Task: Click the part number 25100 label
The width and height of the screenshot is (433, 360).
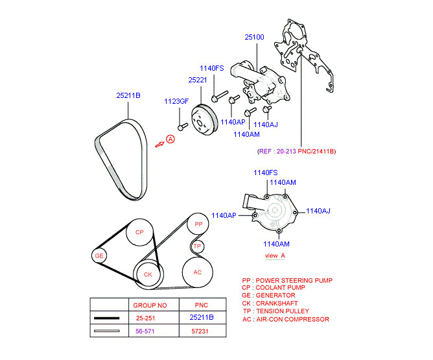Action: coord(254,37)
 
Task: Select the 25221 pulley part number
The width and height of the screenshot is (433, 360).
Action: coord(198,80)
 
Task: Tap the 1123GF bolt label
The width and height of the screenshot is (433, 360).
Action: coord(176,101)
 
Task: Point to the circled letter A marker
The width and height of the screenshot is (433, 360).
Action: coord(170,139)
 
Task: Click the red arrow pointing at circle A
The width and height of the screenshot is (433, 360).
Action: coord(159,145)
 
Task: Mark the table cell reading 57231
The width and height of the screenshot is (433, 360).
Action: coord(200,331)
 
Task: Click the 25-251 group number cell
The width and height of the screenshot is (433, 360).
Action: coord(146,318)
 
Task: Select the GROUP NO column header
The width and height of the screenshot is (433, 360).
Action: coord(150,306)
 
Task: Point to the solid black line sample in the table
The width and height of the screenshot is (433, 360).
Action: coord(106,318)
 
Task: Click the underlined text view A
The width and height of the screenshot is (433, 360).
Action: coord(275,256)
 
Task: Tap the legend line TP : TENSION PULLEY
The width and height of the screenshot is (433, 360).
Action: coord(276,311)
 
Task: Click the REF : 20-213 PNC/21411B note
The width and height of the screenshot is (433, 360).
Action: coord(297,151)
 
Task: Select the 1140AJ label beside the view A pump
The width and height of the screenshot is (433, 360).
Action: coord(318,211)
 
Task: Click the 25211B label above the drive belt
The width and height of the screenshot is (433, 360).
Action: coord(128,95)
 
